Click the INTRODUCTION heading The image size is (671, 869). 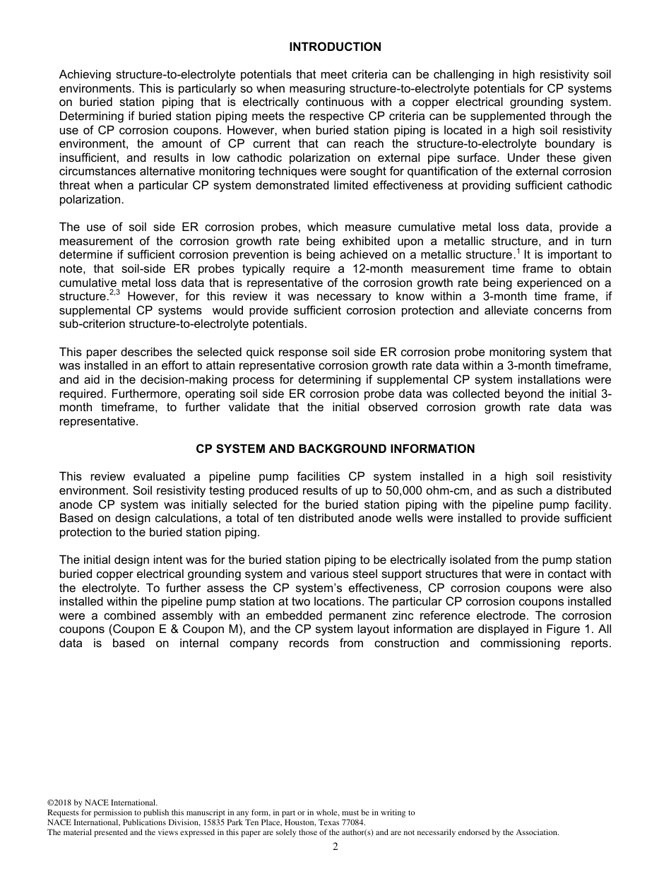point(335,47)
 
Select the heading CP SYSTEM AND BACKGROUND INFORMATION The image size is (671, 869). point(335,449)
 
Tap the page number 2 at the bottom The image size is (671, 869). point(335,847)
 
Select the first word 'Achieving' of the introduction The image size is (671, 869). point(85,75)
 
